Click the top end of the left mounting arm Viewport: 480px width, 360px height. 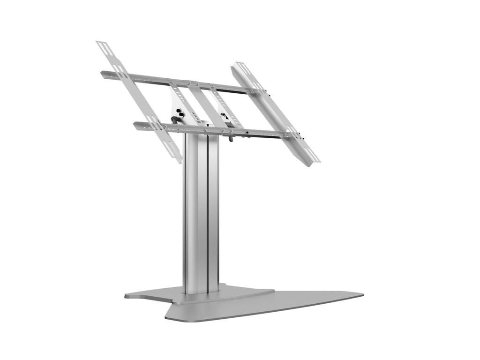point(101,44)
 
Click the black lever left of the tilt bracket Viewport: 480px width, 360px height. point(174,120)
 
